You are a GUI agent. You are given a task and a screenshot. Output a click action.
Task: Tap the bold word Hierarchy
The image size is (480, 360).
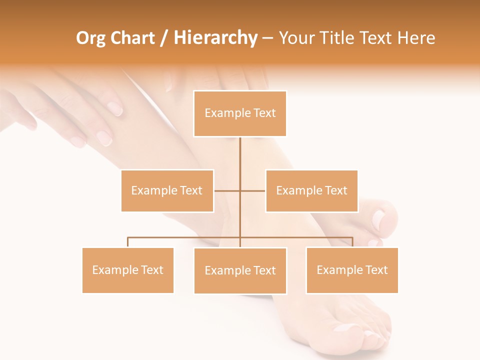[x=215, y=38]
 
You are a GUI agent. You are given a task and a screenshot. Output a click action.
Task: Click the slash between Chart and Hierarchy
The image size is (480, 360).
[x=164, y=38]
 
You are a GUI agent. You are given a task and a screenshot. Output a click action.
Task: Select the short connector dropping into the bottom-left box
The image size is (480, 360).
[x=128, y=242]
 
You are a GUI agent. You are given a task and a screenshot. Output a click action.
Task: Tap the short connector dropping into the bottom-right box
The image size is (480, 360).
[x=352, y=242]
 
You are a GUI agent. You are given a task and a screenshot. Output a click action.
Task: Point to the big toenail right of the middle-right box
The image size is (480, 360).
[x=379, y=219]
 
